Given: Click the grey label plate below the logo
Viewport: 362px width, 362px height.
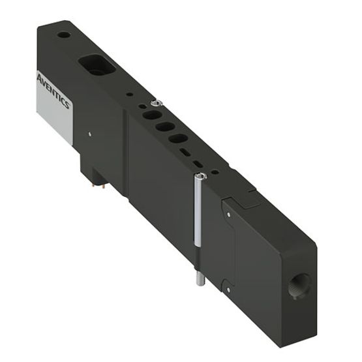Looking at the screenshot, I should (54, 121).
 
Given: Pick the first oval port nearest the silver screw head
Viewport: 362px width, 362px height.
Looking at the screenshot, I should (151, 114).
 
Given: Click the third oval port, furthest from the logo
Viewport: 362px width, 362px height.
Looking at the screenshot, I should (177, 138).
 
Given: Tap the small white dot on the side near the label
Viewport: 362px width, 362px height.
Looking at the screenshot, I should (90, 135).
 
